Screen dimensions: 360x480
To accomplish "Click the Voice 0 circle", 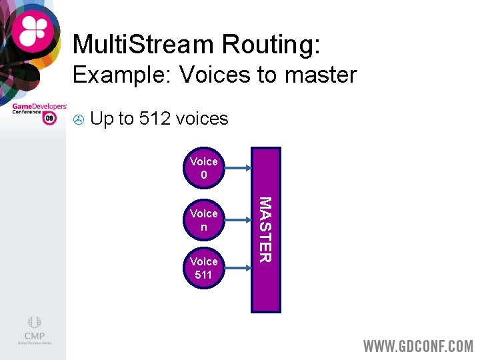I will click(x=203, y=167).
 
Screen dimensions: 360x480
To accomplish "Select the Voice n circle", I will click(x=203, y=220).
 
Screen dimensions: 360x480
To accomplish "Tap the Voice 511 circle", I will click(x=203, y=268).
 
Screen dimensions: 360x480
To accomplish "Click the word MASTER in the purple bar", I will click(x=265, y=229).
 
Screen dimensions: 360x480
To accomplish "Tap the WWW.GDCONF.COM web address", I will click(x=418, y=346).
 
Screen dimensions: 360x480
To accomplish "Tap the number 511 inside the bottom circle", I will click(x=203, y=274).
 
